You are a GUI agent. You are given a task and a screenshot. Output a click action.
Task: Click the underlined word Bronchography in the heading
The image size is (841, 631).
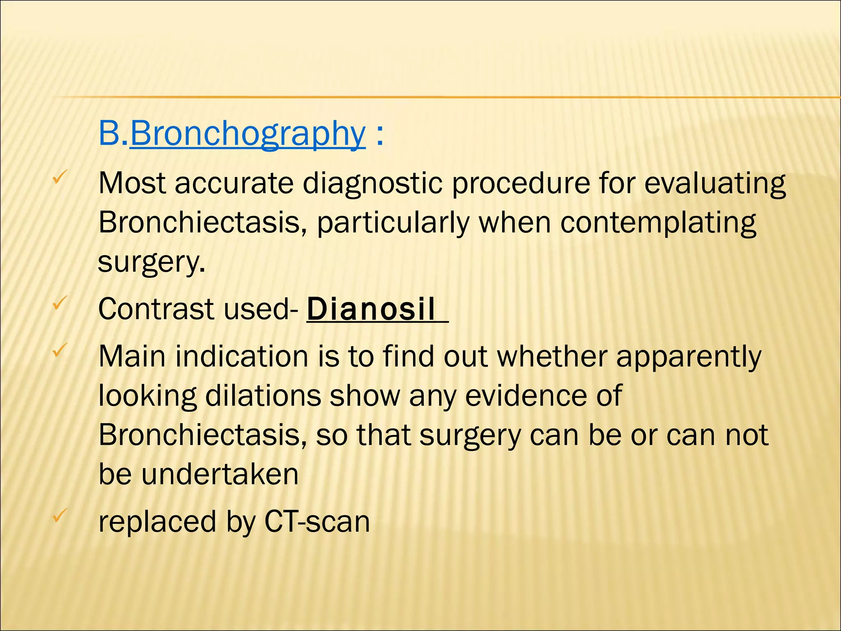coord(247,134)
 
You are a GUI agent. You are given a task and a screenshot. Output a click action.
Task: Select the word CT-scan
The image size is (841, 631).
coord(317,521)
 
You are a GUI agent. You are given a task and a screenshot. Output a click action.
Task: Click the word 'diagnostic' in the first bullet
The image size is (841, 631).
coord(372,184)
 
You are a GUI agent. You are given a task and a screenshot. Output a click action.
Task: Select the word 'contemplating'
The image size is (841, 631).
coord(658,223)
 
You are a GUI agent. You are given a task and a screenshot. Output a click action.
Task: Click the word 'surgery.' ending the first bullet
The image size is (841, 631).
coord(152,262)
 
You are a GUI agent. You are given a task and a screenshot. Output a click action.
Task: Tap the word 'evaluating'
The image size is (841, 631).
coord(715,184)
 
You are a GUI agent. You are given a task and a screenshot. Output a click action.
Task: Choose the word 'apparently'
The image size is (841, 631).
coord(689,357)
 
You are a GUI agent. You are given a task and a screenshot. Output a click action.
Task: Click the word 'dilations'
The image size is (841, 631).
coord(263,396)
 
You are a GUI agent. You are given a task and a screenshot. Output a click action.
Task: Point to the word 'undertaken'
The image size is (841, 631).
coord(220,474)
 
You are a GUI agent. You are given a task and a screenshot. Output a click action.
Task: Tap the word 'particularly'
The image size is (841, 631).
coord(393,223)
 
